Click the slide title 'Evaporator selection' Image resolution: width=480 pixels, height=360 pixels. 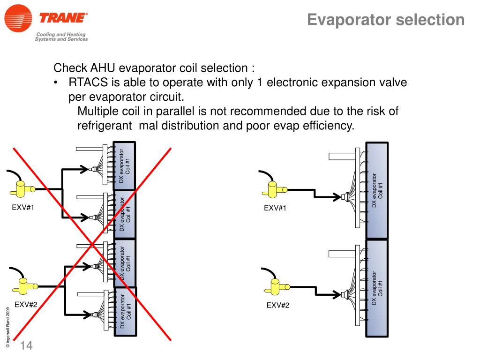click(386, 20)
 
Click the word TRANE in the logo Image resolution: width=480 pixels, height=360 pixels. click(63, 19)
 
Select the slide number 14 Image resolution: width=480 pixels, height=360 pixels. click(26, 346)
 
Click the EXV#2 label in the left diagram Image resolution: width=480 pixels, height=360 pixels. click(26, 305)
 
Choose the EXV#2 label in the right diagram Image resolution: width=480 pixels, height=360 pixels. click(278, 306)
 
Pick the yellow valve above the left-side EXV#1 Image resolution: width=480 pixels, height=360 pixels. click(22, 188)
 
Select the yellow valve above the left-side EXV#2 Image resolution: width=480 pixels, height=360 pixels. click(23, 285)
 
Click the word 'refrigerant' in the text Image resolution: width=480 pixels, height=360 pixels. click(105, 126)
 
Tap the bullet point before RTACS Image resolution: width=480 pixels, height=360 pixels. click(56, 83)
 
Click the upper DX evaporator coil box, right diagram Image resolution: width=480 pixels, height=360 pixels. click(377, 190)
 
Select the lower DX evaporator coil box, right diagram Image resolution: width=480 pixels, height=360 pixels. click(377, 288)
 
